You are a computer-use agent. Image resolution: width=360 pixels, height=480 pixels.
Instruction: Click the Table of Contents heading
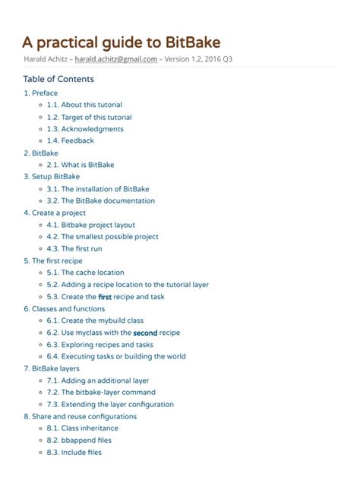pyautogui.click(x=58, y=79)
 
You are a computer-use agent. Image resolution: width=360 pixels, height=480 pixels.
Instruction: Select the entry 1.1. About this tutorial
pyautogui.click(x=84, y=105)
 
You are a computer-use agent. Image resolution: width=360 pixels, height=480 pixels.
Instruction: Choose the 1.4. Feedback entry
pyautogui.click(x=70, y=141)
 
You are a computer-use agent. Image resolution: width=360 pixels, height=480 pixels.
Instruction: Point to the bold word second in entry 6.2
pyautogui.click(x=145, y=333)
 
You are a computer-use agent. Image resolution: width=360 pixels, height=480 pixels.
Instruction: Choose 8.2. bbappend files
pyautogui.click(x=80, y=440)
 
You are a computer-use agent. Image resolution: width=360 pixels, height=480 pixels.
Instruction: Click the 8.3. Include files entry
pyautogui.click(x=74, y=452)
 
